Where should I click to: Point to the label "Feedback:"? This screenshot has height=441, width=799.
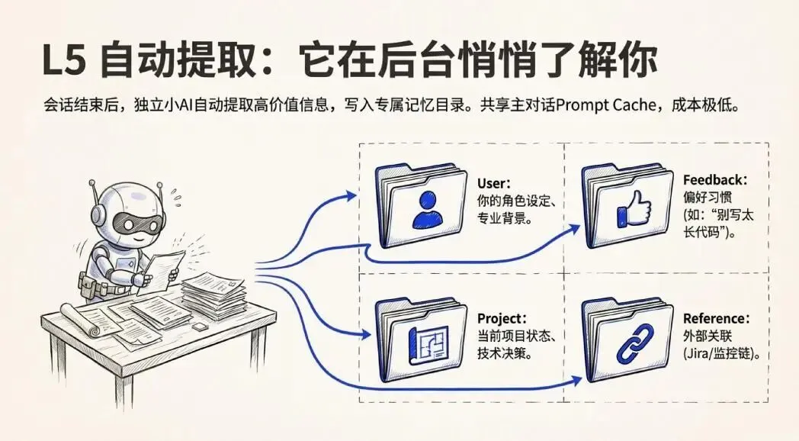(715, 180)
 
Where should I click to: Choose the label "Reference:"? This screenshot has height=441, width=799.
(716, 318)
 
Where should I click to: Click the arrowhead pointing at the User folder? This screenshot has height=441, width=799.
(350, 195)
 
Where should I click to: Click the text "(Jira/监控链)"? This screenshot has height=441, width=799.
(723, 355)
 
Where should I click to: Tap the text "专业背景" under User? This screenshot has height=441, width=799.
(503, 218)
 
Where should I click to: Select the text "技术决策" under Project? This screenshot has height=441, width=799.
(503, 354)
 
